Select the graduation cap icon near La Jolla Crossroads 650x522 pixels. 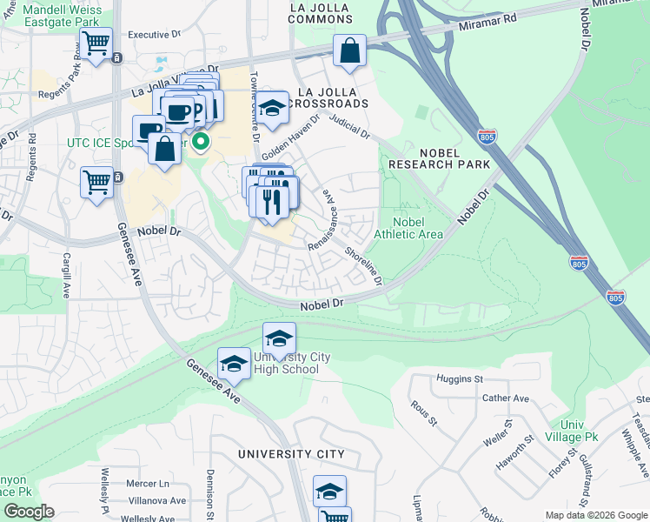(x=272, y=108)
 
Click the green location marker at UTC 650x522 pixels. (x=201, y=141)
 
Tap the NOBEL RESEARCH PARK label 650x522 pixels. (x=439, y=158)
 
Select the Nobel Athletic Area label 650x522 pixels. (x=408, y=228)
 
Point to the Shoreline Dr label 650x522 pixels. (x=363, y=265)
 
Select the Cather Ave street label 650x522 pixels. (x=505, y=398)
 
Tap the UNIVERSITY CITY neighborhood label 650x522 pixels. (x=292, y=454)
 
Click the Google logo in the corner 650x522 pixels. (x=30, y=511)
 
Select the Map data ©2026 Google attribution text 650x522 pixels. (x=595, y=515)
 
